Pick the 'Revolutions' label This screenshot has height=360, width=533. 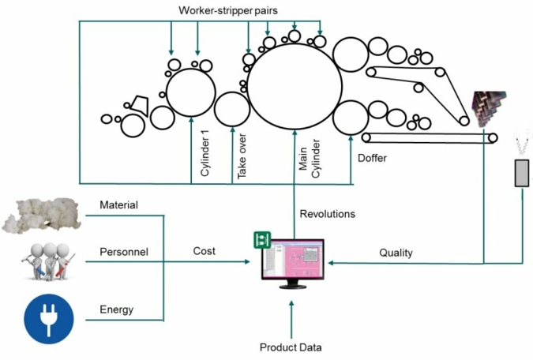(328, 213)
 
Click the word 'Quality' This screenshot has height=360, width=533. (396, 253)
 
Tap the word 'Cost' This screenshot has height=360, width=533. (205, 251)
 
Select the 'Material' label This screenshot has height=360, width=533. (118, 205)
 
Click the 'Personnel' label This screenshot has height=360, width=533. (124, 253)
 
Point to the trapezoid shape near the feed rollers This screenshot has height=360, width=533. (141, 104)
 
